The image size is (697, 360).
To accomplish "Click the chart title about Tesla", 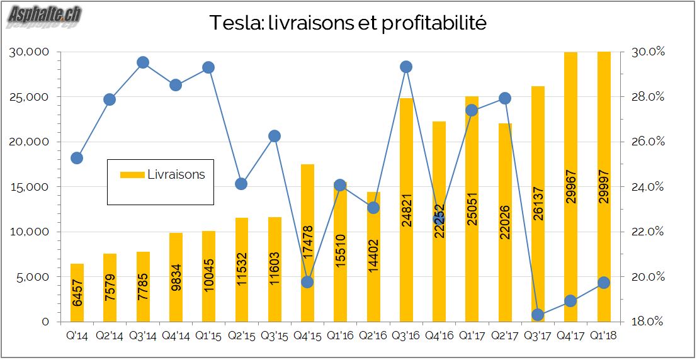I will pyautogui.click(x=348, y=23).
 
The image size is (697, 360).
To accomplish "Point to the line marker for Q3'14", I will pyautogui.click(x=143, y=62).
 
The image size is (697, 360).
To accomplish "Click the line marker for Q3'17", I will pyautogui.click(x=538, y=315).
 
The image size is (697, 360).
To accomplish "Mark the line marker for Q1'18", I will pyautogui.click(x=603, y=283).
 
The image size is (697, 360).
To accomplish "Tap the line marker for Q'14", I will pyautogui.click(x=77, y=158).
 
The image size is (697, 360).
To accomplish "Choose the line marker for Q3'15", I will pyautogui.click(x=275, y=136).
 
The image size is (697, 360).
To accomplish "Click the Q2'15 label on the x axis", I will pyautogui.click(x=241, y=335).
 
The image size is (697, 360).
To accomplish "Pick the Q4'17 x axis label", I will pyautogui.click(x=570, y=335).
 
